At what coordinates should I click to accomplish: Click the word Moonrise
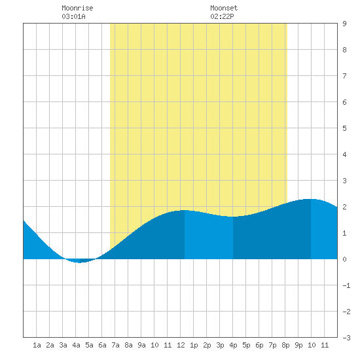(77, 8)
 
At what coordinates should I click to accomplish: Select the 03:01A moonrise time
(73, 16)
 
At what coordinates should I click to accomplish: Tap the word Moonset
(224, 8)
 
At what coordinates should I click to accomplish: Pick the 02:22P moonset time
(222, 16)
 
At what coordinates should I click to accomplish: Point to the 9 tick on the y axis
(344, 24)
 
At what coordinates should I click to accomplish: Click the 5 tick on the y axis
(344, 128)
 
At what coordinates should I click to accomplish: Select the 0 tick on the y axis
(344, 259)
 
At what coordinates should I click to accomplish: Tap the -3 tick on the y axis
(346, 338)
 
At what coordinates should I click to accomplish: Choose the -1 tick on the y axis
(346, 285)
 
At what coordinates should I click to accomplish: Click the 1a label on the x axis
(37, 345)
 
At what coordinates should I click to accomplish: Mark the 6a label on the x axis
(102, 345)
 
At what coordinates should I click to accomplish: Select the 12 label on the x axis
(181, 345)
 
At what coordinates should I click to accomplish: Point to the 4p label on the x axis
(233, 345)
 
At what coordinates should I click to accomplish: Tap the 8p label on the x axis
(285, 345)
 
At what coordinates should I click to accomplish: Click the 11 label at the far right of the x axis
(325, 345)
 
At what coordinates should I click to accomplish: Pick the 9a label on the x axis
(141, 345)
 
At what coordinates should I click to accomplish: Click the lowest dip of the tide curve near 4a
(79, 262)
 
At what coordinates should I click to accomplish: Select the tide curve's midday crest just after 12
(185, 210)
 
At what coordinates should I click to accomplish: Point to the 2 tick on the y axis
(344, 207)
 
